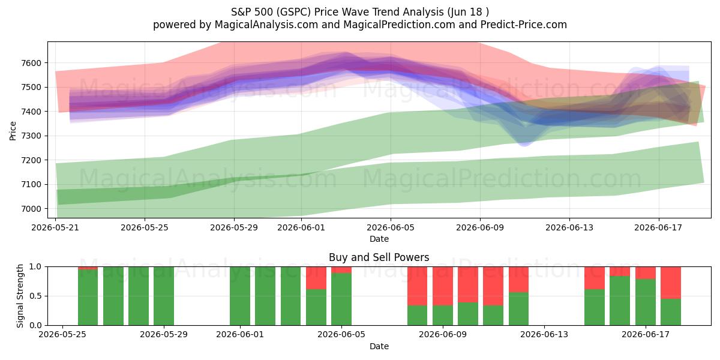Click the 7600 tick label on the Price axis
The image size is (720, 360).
tap(31, 63)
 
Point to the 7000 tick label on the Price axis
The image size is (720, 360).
tap(31, 209)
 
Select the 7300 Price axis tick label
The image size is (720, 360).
tap(31, 136)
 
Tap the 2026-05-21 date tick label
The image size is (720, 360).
tap(55, 227)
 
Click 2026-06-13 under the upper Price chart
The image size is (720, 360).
tap(569, 227)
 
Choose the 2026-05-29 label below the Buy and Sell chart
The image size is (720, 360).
tap(164, 335)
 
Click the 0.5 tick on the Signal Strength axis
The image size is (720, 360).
tap(35, 296)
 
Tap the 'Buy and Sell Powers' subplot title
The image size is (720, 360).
tap(379, 257)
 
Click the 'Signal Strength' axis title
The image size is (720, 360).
tap(20, 296)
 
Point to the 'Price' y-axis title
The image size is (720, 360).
tap(13, 131)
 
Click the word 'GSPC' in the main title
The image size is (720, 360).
tap(295, 12)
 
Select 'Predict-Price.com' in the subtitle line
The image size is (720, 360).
tap(524, 25)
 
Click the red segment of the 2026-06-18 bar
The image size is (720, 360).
tap(671, 283)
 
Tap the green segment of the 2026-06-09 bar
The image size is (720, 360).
tap(443, 316)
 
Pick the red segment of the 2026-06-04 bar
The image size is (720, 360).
tap(316, 278)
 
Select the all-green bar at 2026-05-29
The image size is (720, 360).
tap(164, 296)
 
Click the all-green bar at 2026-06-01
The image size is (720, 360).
tap(240, 296)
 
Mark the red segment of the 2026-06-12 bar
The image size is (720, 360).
tap(518, 280)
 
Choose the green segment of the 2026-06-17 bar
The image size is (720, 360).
tap(646, 302)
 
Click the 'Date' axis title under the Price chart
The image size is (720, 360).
tap(379, 239)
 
